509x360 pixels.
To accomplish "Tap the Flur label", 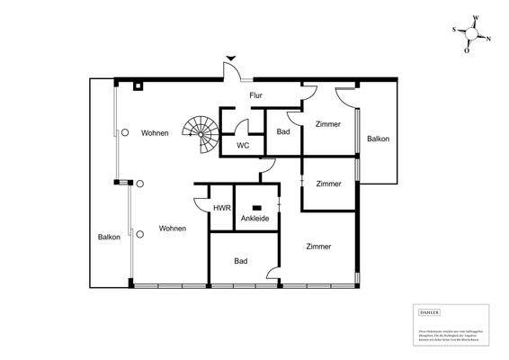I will [255, 94].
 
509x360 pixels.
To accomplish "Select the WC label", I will [243, 145].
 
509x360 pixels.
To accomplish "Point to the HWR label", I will [220, 208].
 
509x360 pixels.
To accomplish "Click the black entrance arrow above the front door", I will [229, 57].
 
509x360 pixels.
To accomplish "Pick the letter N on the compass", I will [489, 39].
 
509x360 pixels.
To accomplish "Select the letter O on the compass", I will [467, 50].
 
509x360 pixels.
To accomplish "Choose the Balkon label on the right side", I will [378, 139].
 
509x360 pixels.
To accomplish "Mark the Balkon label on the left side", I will [110, 237].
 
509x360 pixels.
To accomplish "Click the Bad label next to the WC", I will [283, 132].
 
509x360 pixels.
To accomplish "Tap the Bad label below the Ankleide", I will [241, 262].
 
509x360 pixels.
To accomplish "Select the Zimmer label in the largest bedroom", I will [317, 247].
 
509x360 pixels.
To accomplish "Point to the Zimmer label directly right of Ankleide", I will [328, 184].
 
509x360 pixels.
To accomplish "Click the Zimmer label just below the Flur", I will [327, 124].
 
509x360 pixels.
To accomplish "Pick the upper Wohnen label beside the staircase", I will [155, 133].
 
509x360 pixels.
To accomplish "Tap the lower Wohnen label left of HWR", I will [173, 229].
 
